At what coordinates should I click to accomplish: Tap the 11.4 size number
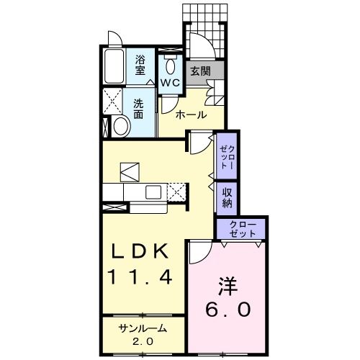[x=140, y=276]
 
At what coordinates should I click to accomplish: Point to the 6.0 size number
[x=229, y=310]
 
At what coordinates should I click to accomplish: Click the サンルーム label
[x=143, y=328]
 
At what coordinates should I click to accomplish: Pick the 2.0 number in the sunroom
[x=143, y=341]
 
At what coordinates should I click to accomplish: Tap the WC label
[x=171, y=83]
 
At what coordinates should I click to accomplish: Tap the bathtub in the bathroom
[x=114, y=67]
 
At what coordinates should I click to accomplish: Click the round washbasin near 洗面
[x=121, y=127]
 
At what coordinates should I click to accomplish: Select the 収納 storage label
[x=226, y=197]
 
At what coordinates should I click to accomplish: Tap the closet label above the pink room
[x=243, y=230]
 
